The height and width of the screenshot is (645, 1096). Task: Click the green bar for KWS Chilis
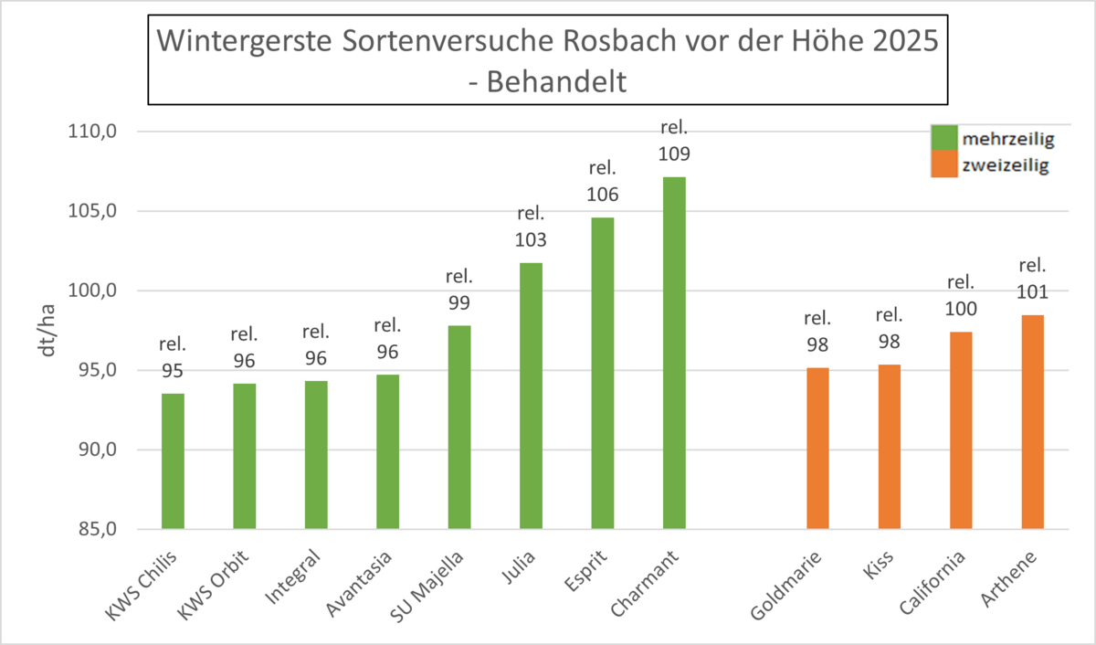(173, 461)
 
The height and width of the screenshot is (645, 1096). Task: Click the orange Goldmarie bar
(817, 449)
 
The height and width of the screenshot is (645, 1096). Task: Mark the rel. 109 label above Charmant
(673, 140)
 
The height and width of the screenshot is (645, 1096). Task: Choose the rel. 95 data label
(173, 358)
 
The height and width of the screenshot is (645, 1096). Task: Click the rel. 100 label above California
(961, 296)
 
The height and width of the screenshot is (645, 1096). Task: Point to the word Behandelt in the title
(556, 81)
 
